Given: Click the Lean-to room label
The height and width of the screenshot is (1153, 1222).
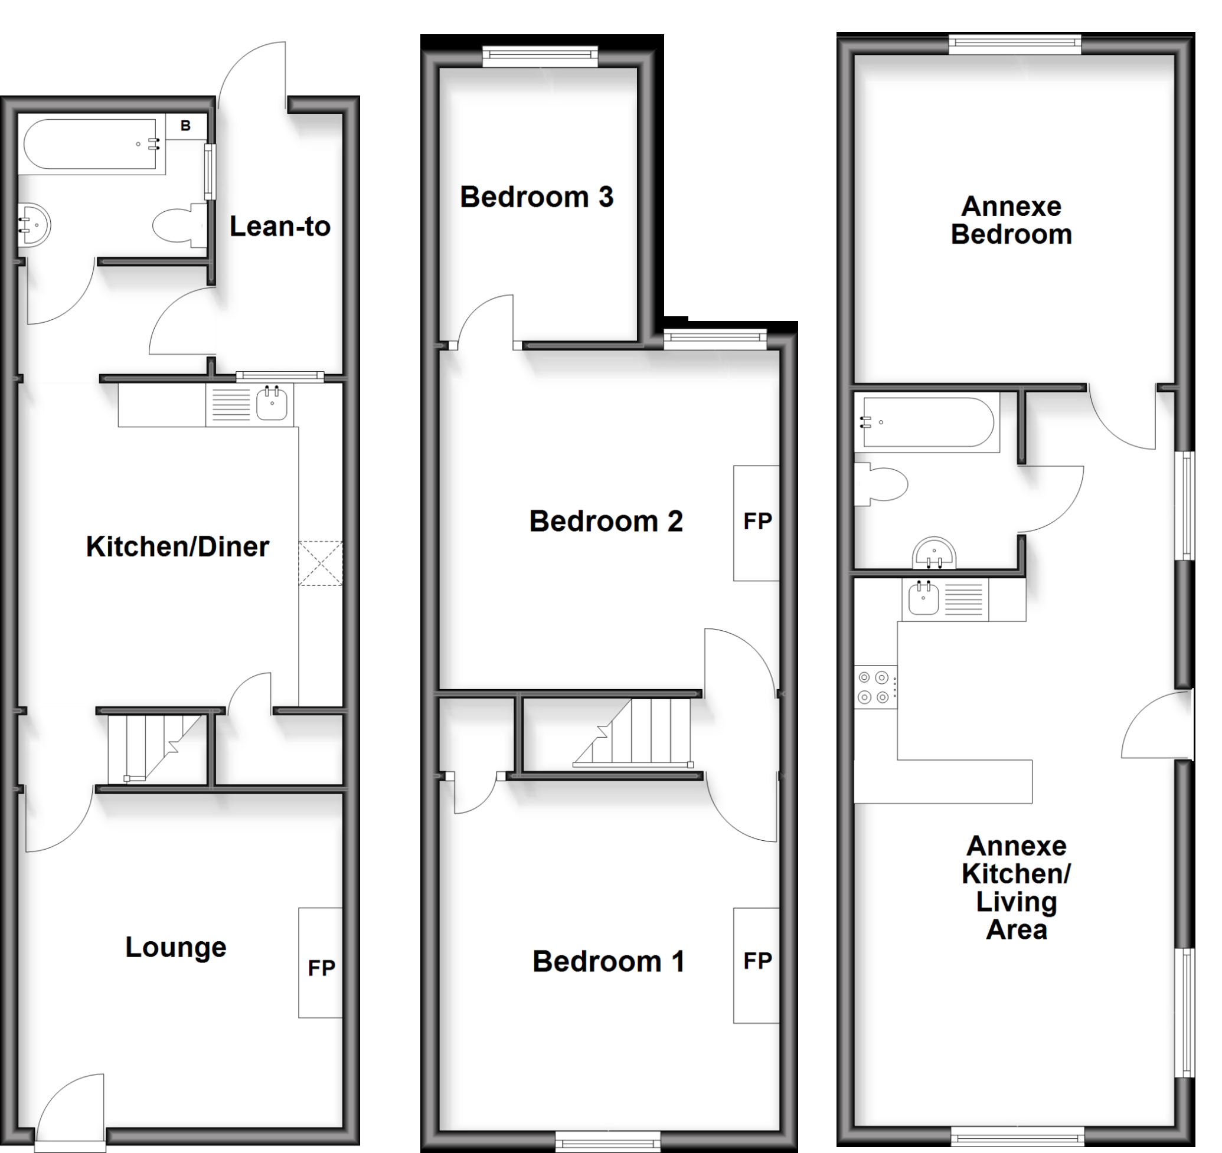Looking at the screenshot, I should click(x=280, y=227).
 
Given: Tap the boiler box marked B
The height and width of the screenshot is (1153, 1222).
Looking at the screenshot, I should click(x=185, y=126).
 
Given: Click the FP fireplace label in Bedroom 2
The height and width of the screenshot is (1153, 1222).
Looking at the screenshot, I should click(x=757, y=521).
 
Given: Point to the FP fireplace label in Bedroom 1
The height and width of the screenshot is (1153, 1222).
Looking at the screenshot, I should click(x=757, y=961).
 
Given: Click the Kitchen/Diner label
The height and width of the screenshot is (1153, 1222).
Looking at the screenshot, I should click(x=177, y=546).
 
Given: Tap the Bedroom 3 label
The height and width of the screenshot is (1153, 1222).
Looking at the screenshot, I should click(x=536, y=197).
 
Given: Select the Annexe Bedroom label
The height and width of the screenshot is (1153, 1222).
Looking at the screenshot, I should click(x=1011, y=220).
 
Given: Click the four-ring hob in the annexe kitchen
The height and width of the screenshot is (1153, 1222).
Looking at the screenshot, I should click(x=874, y=687).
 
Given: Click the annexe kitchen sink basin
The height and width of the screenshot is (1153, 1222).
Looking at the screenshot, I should click(x=923, y=597).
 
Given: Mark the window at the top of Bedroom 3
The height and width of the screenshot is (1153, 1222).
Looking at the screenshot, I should click(x=540, y=57).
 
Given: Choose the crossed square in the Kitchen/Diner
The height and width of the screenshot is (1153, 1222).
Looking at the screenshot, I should click(x=321, y=563).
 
